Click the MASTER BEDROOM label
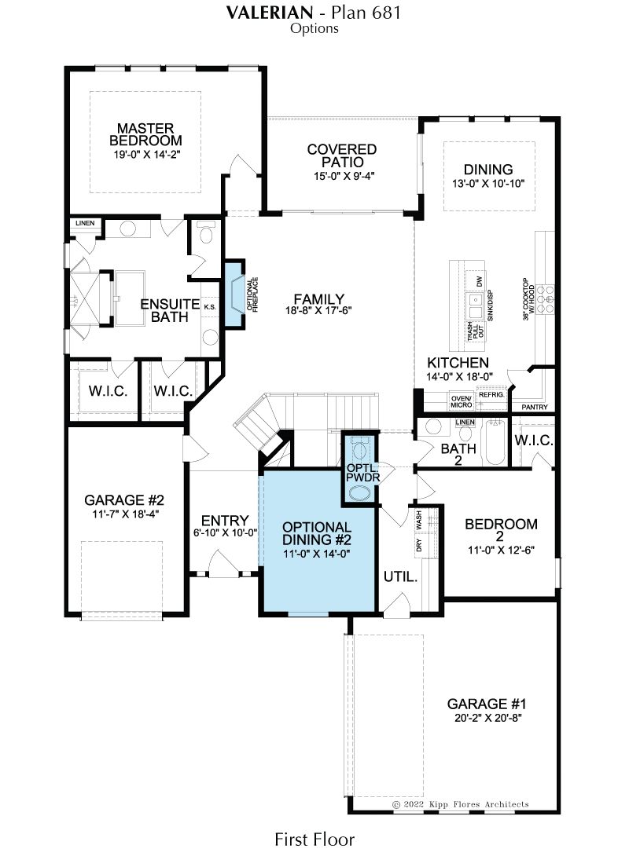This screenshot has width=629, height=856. click(145, 134)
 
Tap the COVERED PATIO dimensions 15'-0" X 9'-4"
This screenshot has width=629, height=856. click(341, 176)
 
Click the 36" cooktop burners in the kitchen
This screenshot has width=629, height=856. click(545, 299)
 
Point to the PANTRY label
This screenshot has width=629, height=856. click(535, 408)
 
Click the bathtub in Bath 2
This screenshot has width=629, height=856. click(495, 441)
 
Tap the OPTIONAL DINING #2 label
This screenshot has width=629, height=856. click(316, 533)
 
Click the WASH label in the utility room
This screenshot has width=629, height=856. click(419, 519)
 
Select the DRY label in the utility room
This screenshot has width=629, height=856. click(419, 545)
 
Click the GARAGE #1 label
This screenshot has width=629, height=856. click(487, 704)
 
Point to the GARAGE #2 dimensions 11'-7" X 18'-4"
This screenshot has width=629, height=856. click(125, 514)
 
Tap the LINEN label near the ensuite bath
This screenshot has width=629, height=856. click(85, 223)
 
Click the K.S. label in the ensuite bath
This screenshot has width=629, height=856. click(210, 307)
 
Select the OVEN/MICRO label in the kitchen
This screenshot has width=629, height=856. click(462, 402)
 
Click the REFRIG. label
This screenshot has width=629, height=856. click(491, 395)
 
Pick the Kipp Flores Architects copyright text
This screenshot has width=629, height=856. click(461, 804)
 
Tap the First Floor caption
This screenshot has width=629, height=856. click(314, 839)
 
